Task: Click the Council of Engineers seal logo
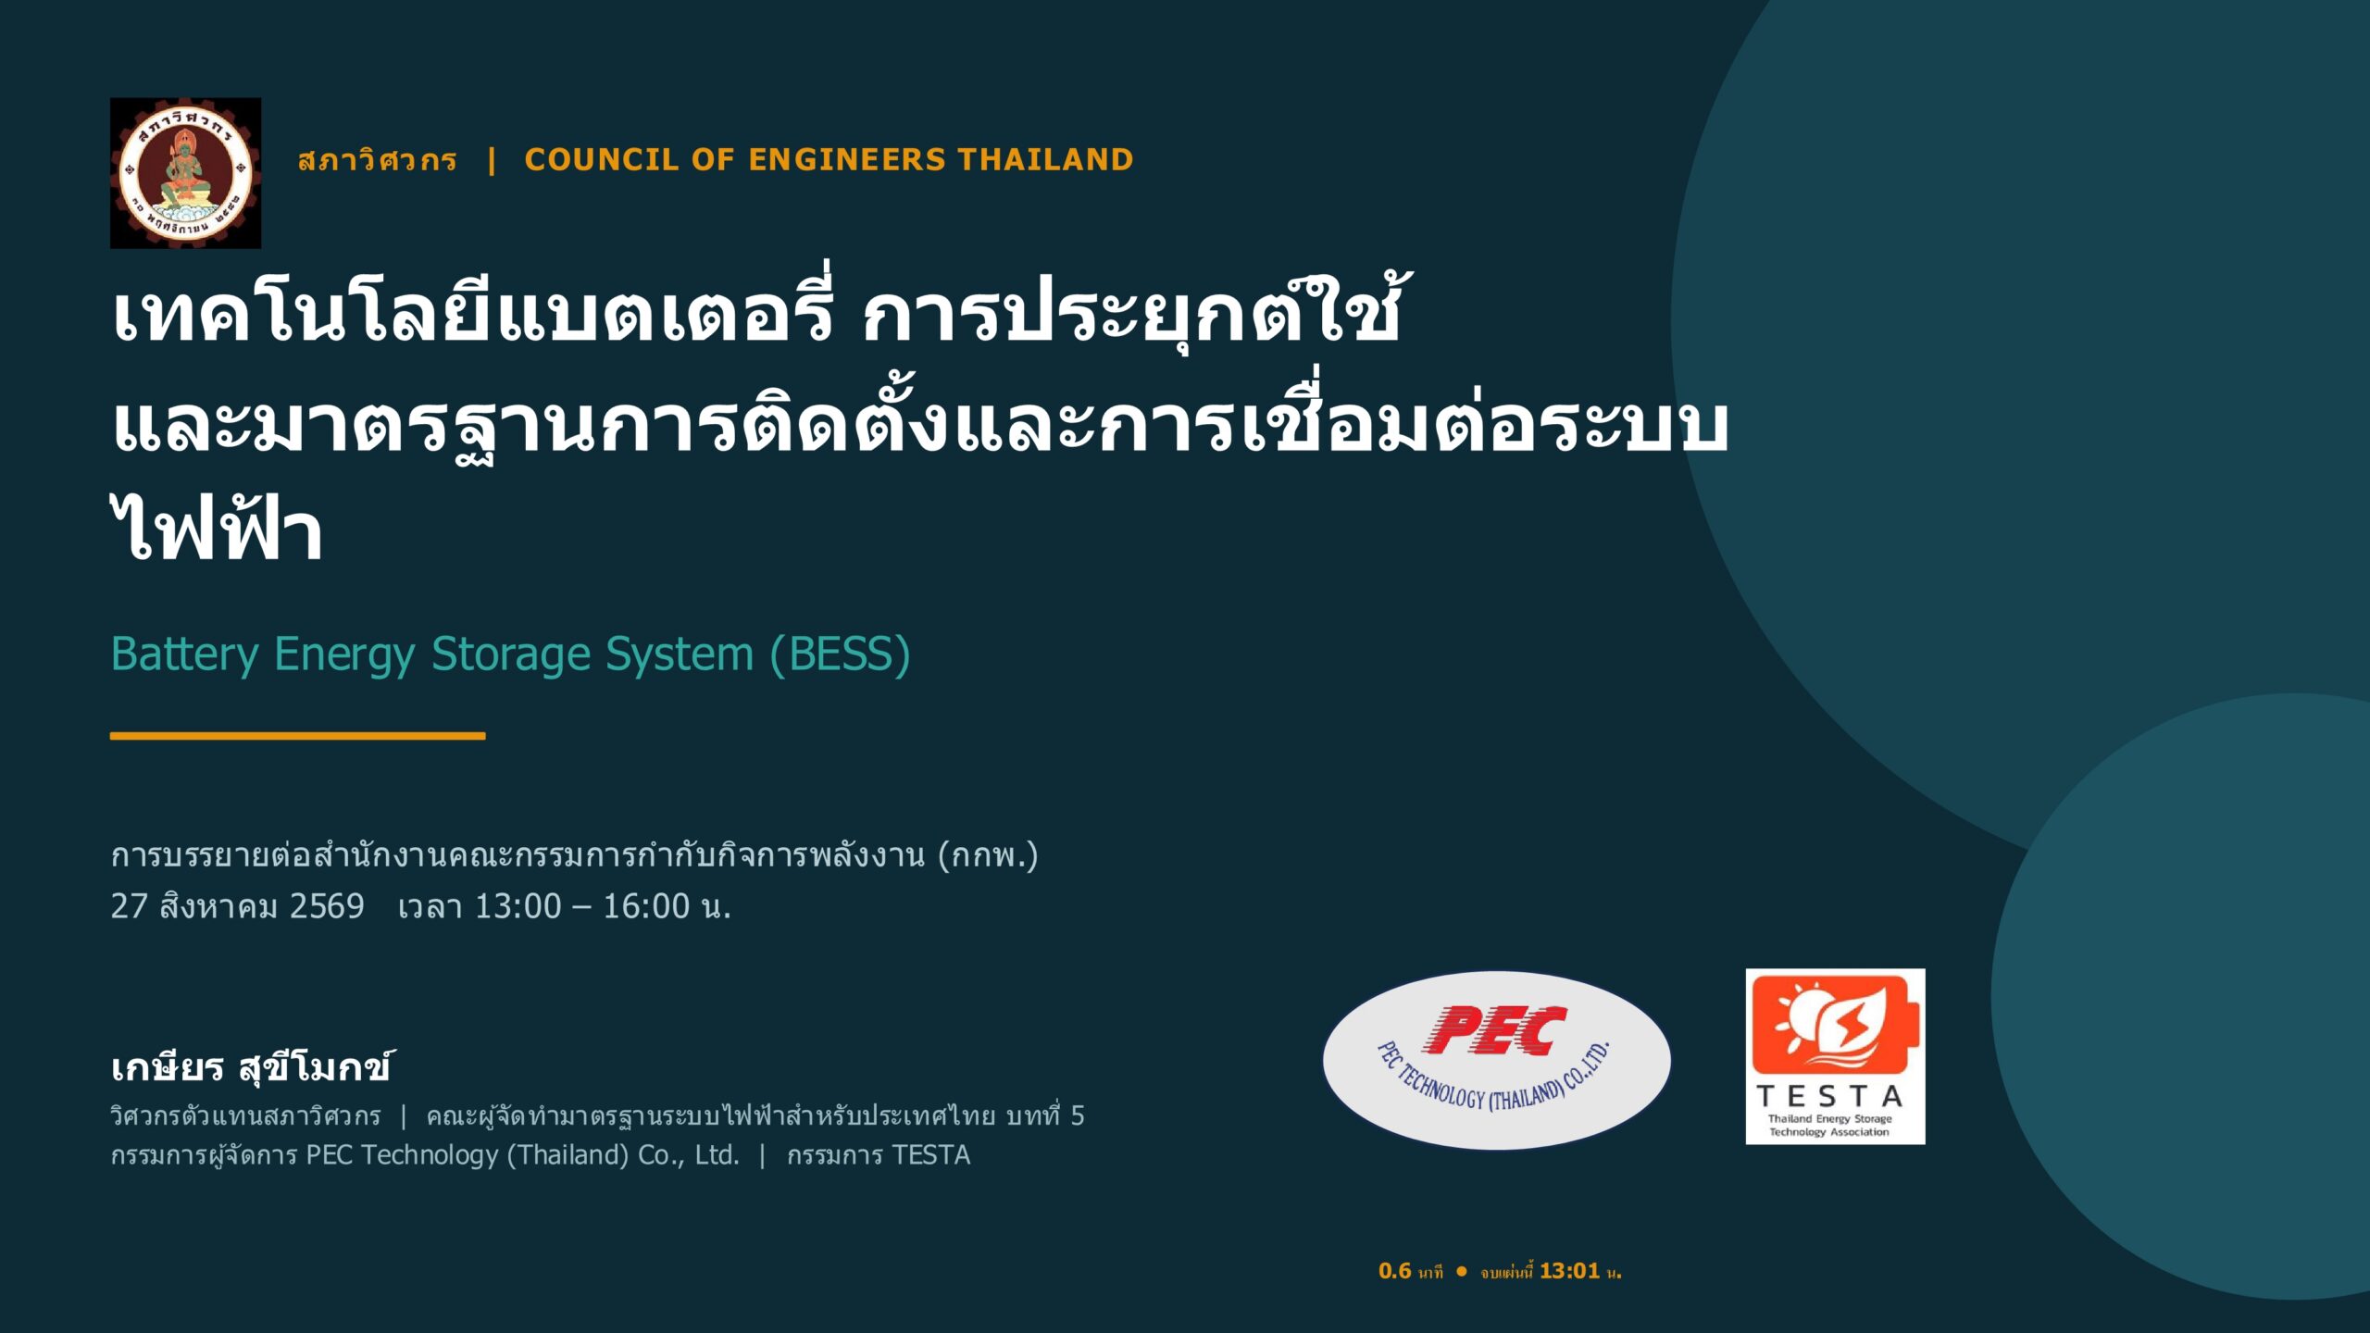185,173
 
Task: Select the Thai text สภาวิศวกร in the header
377,159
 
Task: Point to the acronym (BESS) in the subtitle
840,654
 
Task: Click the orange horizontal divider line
297,736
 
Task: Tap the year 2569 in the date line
327,906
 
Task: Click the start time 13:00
518,906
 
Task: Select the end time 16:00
646,906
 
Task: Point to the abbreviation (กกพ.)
988,855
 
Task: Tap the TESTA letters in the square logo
1829,1097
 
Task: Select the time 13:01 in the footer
1569,1271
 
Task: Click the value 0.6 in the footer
1394,1271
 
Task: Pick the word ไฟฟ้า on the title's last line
217,528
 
